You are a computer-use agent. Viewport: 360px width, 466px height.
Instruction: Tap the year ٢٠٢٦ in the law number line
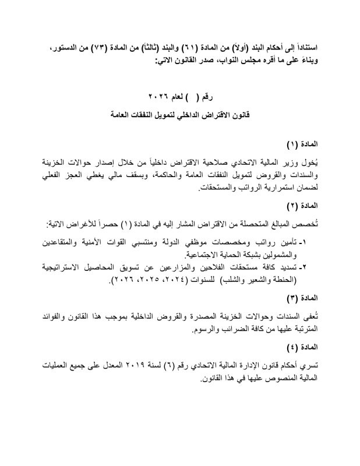[158, 96]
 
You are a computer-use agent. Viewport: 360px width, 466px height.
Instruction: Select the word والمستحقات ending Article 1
[218, 189]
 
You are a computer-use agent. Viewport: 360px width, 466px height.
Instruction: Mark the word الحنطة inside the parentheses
[310, 281]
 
